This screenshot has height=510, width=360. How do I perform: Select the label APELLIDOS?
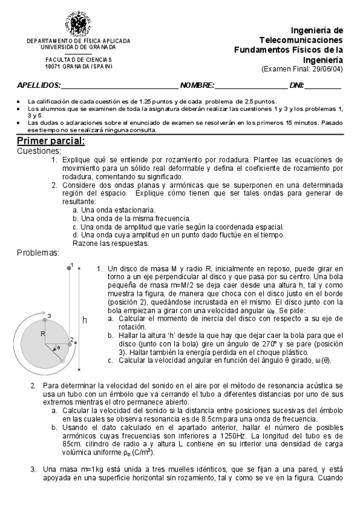(38, 86)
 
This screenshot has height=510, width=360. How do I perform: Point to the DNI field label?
(296, 86)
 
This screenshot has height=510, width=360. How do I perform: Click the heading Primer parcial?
(50, 141)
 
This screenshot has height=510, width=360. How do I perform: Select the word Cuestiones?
(39, 151)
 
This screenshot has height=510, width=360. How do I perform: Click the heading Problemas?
(38, 253)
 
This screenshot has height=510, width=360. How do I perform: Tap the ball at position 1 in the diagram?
(69, 267)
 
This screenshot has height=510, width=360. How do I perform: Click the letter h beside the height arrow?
(84, 321)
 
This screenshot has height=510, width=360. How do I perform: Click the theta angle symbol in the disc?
(58, 347)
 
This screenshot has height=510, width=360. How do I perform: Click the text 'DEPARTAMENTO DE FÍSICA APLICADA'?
(78, 41)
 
